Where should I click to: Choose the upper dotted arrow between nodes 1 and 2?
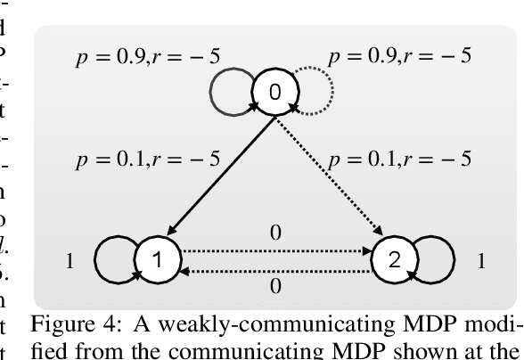[274, 252]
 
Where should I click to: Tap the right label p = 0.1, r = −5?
[405, 163]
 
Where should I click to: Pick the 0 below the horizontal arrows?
[274, 287]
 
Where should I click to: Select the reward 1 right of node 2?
[481, 263]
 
